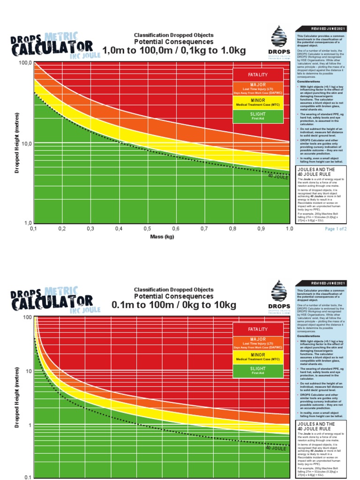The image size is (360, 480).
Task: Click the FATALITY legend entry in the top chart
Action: click(x=258, y=75)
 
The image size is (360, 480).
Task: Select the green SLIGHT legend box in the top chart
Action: click(x=258, y=116)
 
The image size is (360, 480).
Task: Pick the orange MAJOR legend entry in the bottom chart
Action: click(x=258, y=341)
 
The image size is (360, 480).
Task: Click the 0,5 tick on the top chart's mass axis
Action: click(x=147, y=228)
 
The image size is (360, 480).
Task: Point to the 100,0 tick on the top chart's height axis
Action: click(x=24, y=62)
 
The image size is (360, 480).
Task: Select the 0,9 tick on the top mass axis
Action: click(x=261, y=228)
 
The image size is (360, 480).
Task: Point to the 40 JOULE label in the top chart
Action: click(x=278, y=177)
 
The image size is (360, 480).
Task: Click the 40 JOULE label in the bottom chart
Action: click(x=276, y=448)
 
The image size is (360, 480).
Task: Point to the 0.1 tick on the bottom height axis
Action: click(x=28, y=477)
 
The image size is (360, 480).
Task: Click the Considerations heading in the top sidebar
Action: click(x=309, y=81)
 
